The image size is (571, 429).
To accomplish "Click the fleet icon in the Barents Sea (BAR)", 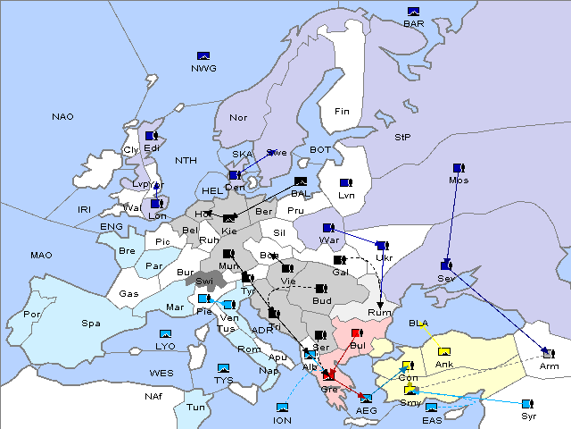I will coord(413,12).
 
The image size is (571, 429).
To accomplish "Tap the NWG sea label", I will coord(203,68).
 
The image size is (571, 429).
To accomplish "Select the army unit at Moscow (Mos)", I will coord(459,168).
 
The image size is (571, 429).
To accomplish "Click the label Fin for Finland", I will coord(342,112).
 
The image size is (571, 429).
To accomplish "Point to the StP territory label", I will coord(402,138).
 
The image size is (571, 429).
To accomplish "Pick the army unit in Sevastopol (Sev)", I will coord(446,265).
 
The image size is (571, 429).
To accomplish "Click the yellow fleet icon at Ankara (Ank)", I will coord(444,351).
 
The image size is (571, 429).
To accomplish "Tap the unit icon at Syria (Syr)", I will coord(528,404).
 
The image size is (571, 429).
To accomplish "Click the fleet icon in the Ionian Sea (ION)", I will coord(282,408).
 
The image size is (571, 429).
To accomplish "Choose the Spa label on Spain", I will coord(90,323).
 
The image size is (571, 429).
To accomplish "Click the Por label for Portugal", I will coord(32,315).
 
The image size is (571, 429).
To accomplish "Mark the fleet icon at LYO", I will coord(166,333).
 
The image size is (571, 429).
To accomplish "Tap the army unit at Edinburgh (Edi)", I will coord(151,136).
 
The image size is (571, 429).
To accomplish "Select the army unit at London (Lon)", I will coord(156,204).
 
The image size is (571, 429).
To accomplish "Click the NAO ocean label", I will coord(62,117).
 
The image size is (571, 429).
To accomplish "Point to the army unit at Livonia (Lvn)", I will coord(345,182).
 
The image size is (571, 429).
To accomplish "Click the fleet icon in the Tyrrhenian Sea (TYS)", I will coord(224,368).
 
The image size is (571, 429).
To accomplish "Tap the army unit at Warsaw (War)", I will coord(328,228).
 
